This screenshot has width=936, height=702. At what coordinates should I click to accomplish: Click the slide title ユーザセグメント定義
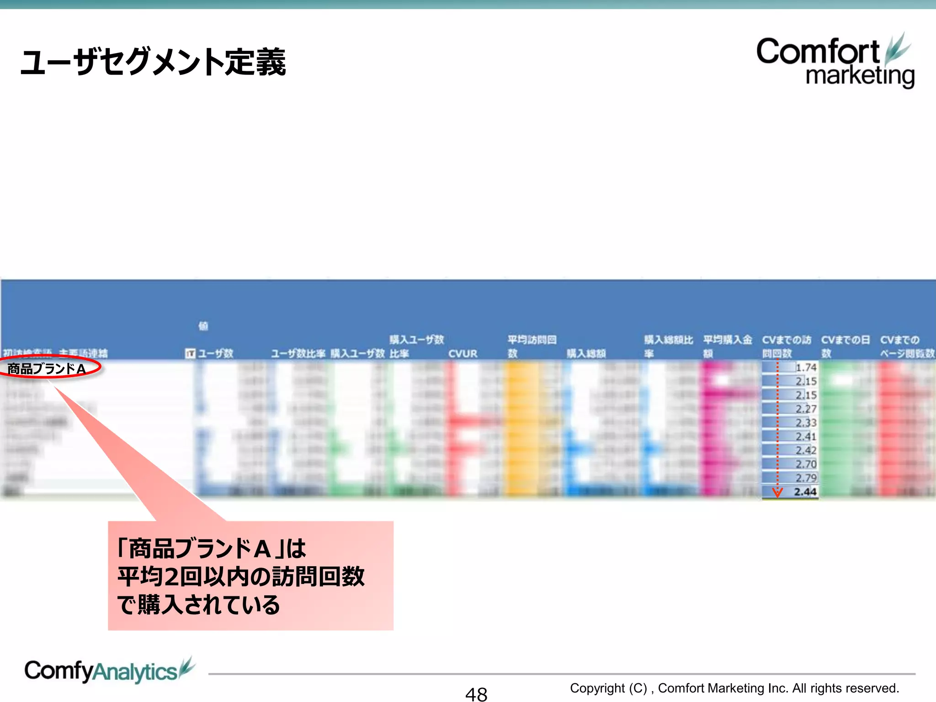(153, 62)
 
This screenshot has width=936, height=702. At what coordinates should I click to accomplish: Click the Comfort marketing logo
(835, 61)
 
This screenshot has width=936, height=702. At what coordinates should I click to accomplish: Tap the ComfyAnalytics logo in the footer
(109, 671)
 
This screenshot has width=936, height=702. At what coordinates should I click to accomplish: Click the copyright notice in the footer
(734, 688)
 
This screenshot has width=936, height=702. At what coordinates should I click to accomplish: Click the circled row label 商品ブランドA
(47, 368)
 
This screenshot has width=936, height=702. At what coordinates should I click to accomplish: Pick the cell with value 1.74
(805, 367)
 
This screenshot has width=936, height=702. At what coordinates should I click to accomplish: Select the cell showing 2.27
(805, 409)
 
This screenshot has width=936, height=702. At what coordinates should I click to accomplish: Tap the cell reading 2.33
(805, 423)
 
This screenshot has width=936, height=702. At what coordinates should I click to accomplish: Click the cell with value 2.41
(805, 436)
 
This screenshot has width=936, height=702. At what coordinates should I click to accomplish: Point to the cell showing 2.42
(805, 450)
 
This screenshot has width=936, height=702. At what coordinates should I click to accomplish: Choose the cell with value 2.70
(805, 464)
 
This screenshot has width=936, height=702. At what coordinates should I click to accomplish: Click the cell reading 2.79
(805, 478)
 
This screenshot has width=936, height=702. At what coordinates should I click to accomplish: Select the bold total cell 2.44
(805, 492)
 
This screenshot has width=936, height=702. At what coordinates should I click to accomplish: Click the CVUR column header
(463, 354)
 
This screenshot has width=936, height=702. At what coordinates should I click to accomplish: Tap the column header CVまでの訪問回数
(786, 346)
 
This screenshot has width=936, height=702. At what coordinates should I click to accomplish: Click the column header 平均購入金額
(727, 346)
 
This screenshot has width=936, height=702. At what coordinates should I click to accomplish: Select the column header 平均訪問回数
(532, 346)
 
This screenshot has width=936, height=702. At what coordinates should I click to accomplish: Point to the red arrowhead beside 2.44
(777, 492)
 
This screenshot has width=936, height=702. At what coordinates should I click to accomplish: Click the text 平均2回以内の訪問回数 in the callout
(241, 576)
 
